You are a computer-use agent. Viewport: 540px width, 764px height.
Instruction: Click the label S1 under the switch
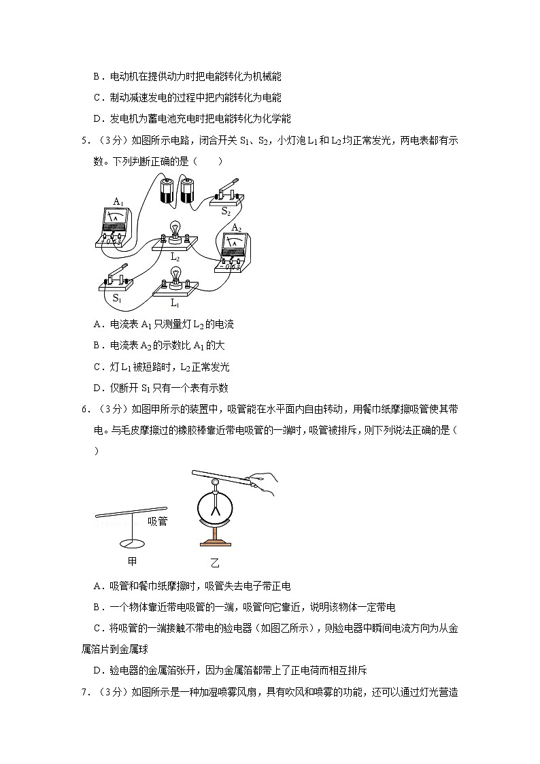[x=116, y=298]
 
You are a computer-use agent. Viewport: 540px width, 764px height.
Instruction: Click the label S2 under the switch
[x=226, y=212]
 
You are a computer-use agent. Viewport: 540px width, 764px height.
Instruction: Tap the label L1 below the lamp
[x=175, y=302]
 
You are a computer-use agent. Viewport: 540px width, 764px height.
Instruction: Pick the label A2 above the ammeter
[x=236, y=227]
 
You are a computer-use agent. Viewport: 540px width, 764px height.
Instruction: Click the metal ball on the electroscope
[x=216, y=484]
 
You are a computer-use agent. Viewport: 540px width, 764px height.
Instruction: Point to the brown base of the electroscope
[x=216, y=543]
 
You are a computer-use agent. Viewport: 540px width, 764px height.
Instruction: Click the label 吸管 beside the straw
[x=157, y=522]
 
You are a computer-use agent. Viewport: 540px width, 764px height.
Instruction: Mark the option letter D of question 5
[x=97, y=388]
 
